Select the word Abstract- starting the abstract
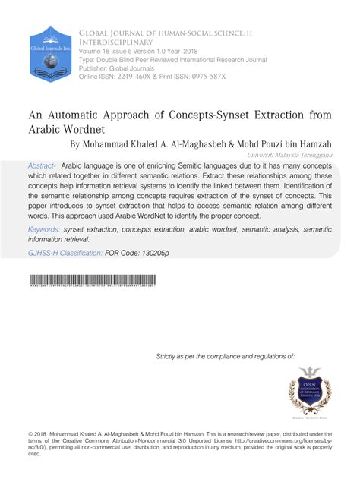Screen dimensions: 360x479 click(x=42, y=165)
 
